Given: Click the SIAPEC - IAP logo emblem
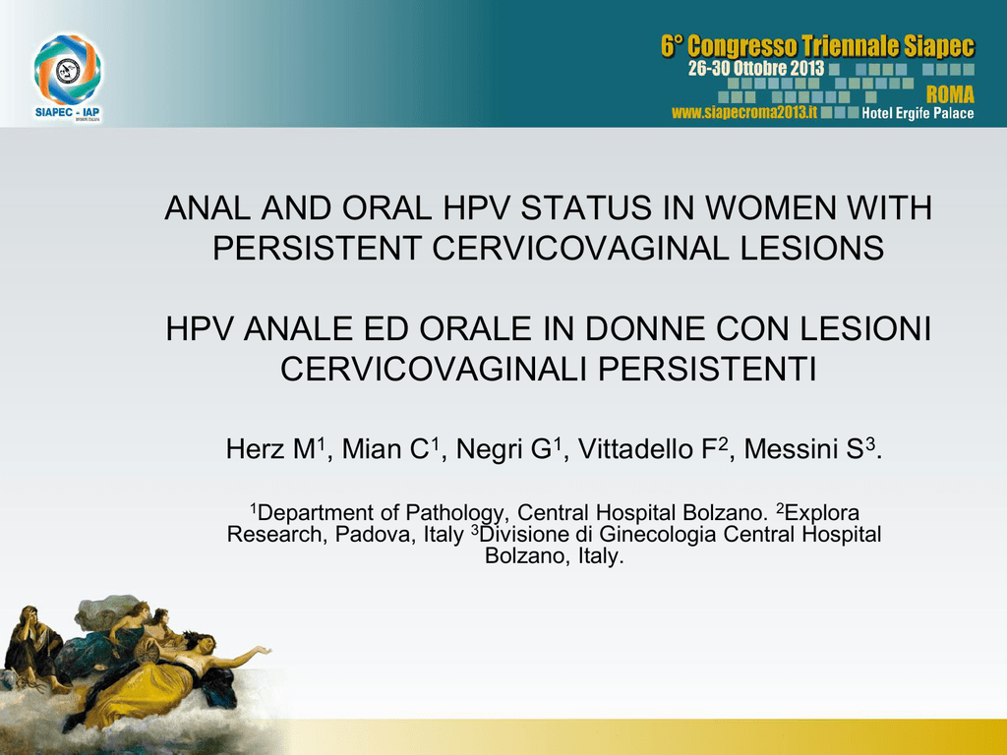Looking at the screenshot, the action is pos(68,70).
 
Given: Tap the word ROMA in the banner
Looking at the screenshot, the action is pos(950,95).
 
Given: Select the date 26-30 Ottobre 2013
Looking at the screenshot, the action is pos(756,68).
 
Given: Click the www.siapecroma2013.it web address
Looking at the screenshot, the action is pos(744,113).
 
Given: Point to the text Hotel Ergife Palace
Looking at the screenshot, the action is pos(918,114).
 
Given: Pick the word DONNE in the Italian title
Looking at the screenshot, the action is pos(645,328).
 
